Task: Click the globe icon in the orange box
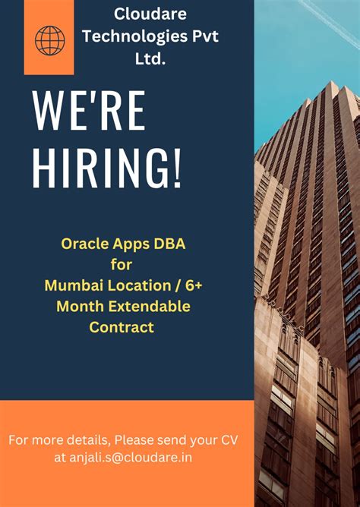coord(50,40)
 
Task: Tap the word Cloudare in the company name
coord(150,14)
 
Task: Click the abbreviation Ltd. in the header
coord(150,58)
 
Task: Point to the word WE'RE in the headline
coord(89,111)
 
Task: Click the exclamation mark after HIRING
coord(177,168)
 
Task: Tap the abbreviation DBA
coord(169,244)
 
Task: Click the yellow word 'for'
coord(122,264)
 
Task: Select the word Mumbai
coord(74,285)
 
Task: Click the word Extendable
coord(149,306)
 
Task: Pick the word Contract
coord(122,327)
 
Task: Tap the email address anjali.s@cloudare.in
coord(131,458)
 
